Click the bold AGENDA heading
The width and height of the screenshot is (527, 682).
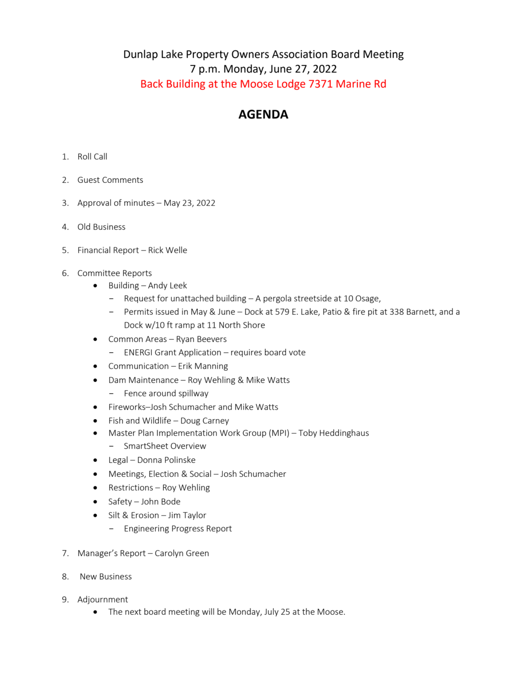[263, 115]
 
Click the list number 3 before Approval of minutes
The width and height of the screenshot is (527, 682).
[65, 203]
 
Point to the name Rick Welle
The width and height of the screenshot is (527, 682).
[167, 250]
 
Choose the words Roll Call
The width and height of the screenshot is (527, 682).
[92, 157]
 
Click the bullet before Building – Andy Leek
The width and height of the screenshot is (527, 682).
[95, 286]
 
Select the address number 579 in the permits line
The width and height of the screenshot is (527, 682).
[282, 312]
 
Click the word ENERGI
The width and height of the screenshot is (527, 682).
[138, 352]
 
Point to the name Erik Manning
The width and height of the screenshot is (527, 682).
[203, 366]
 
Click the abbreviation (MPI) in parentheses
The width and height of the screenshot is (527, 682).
[279, 433]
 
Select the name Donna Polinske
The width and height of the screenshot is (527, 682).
[166, 460]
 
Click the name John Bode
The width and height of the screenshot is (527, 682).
[161, 501]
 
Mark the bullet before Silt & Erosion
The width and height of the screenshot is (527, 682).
[95, 515]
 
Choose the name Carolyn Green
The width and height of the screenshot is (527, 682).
[182, 553]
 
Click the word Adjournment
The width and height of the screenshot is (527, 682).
[103, 600]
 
